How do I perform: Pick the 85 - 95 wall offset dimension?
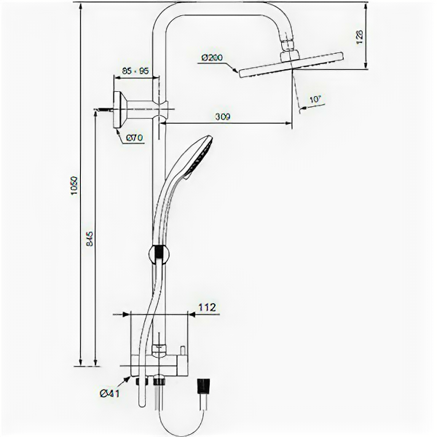135,71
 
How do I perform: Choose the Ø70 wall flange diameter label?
133,138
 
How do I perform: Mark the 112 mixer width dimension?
207,308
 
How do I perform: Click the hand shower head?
197,156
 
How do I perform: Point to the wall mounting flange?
121,109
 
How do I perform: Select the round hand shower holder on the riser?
159,254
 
